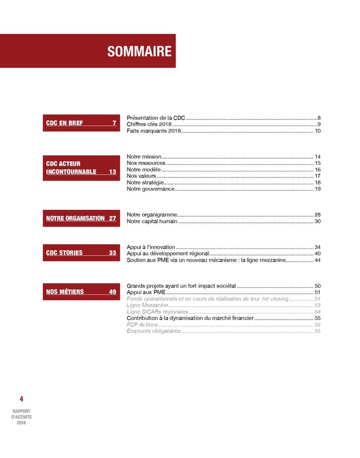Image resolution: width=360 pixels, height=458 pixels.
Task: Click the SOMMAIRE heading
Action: point(139,51)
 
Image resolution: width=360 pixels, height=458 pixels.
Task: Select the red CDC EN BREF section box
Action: point(81,123)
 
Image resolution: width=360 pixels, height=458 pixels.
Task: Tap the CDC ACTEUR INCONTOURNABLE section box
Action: point(81,168)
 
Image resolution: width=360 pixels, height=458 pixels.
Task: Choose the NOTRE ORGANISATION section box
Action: point(81,218)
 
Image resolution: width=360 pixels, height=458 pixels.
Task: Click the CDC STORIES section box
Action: point(81,253)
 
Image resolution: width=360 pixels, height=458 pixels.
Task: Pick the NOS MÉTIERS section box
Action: point(81,292)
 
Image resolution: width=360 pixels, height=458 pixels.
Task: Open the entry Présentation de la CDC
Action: point(156,118)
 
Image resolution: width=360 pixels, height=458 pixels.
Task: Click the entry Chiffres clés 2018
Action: point(149,124)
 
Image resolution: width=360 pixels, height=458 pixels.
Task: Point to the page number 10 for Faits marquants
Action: point(318,131)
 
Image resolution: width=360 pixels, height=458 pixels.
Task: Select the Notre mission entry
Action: point(144,157)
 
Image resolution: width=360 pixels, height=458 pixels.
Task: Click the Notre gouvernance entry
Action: point(151,189)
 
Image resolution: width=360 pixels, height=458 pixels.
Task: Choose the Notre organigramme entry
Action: point(151,215)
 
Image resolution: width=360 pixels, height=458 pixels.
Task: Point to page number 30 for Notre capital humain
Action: point(318,221)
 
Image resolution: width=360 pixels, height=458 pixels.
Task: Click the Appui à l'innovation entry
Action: point(151,247)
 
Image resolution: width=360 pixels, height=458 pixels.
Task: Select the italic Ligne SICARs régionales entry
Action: point(157,312)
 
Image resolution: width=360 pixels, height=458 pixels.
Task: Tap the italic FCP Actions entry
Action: point(142,325)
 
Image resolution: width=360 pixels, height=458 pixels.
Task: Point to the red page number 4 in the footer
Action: point(21,399)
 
